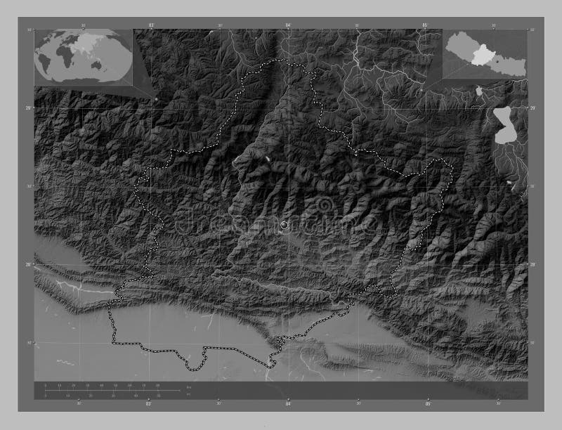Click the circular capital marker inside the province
(x=285, y=224)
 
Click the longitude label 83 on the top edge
(x=151, y=25)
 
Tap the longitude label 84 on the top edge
(x=288, y=25)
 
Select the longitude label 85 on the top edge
(x=425, y=25)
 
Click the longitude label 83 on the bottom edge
(x=148, y=404)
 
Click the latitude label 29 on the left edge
(x=29, y=107)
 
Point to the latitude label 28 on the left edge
(x=29, y=264)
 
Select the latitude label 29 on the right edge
(x=532, y=107)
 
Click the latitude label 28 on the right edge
(x=532, y=264)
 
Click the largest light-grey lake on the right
(x=504, y=125)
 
